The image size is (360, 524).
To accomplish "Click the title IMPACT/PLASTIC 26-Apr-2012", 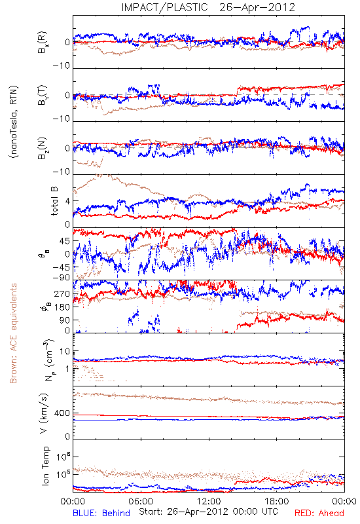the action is pos(208,7).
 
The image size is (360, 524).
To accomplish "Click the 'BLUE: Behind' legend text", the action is pos(101,513).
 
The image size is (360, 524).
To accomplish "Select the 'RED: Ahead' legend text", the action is pos(319,513).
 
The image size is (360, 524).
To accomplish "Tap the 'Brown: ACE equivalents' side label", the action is pos(13,333).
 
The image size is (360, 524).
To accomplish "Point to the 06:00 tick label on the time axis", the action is pos(141,501).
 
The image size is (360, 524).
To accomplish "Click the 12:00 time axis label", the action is pos(209,501).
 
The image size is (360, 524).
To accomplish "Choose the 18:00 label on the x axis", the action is pos(276,501).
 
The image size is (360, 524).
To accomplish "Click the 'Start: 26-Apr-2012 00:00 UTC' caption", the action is pos(208,512).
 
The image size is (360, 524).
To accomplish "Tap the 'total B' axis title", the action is pos(54,201).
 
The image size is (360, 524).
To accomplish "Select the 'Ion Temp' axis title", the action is pos(45,466).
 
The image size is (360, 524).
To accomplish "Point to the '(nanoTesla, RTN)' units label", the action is pos(14,122).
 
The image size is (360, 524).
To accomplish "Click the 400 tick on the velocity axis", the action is pos(62,413).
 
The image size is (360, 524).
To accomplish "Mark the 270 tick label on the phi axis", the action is pos(63,293).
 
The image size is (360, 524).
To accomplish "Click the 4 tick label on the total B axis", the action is pos(68,201).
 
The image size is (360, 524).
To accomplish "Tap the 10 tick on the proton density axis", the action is pos(65,351).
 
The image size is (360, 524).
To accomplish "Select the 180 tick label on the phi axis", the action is pos(63,307).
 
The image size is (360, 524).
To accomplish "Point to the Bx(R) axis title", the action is pos(43,43).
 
